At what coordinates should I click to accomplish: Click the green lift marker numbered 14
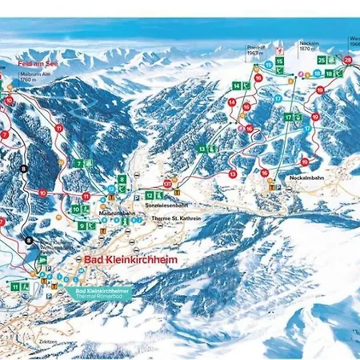coord(237,85)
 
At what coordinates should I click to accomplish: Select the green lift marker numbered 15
coord(279,61)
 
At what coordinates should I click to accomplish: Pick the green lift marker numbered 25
coord(322,60)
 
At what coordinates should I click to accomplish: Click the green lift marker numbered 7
coord(79,164)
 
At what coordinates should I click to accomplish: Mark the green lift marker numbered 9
coord(82,226)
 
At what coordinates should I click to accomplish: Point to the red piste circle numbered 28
coord(347,60)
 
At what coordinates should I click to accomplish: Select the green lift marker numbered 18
coord(329,74)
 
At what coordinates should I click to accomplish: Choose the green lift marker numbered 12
coord(126,196)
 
